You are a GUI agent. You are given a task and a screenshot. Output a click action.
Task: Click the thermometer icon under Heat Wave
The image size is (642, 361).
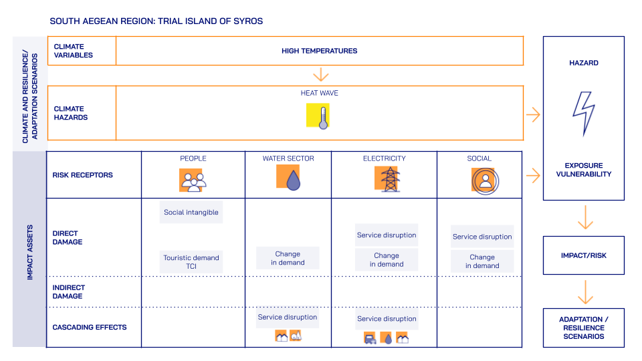[x=320, y=115]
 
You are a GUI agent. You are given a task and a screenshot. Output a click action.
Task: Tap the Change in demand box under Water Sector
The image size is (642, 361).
[x=288, y=258]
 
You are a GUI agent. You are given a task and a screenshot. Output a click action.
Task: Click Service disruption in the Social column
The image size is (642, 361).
[x=482, y=237]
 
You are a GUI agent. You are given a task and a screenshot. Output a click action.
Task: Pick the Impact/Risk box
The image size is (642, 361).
[x=583, y=255]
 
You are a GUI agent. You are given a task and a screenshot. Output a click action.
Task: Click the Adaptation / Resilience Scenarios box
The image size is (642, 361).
[x=583, y=328]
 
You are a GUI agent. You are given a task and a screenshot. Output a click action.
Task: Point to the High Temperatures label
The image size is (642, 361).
[x=320, y=51]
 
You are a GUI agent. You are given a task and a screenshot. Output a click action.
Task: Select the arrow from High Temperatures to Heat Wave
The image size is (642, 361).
[x=322, y=74]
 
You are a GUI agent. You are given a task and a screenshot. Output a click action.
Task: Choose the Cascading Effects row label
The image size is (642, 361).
[x=80, y=328]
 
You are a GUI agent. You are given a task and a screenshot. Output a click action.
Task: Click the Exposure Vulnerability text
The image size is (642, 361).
[x=583, y=170]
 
